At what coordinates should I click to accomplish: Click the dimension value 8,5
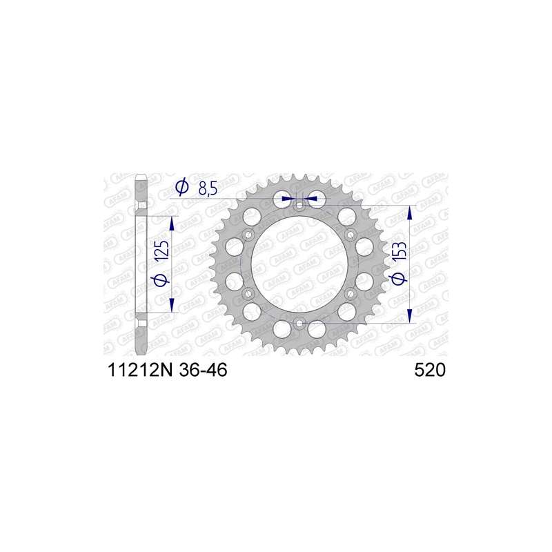point(208,189)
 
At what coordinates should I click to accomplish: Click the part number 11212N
point(140,370)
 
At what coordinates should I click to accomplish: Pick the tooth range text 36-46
point(203,370)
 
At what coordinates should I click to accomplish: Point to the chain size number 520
point(430,370)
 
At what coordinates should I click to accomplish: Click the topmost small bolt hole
point(299,206)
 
